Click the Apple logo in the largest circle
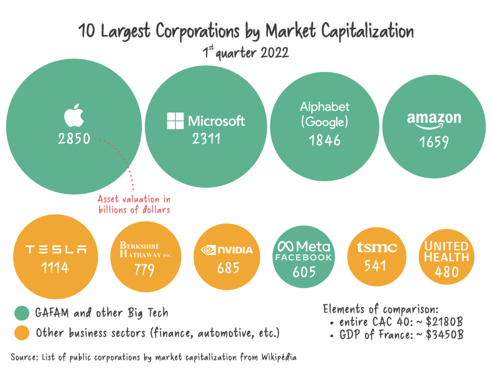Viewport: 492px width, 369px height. (x=74, y=115)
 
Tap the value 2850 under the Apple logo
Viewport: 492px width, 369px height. (x=74, y=139)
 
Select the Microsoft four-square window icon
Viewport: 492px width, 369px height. (x=175, y=121)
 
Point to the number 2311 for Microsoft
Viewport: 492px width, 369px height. (x=206, y=138)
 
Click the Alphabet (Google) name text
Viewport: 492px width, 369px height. (x=324, y=114)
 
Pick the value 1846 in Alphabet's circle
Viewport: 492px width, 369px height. (x=324, y=140)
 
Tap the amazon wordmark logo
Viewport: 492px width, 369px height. (x=434, y=120)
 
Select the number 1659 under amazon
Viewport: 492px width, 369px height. (x=434, y=142)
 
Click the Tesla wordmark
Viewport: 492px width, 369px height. (x=56, y=250)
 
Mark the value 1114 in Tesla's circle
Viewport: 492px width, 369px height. (x=55, y=268)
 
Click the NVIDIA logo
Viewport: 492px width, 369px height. (x=227, y=250)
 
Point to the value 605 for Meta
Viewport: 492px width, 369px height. (x=304, y=272)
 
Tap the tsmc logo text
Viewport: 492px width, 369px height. (x=377, y=248)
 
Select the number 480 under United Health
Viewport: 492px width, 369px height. (x=446, y=272)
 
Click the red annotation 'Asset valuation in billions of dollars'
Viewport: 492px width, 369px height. (x=134, y=204)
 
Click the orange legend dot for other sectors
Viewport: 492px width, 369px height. (x=22, y=334)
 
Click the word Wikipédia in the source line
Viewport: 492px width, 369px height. (x=278, y=357)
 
